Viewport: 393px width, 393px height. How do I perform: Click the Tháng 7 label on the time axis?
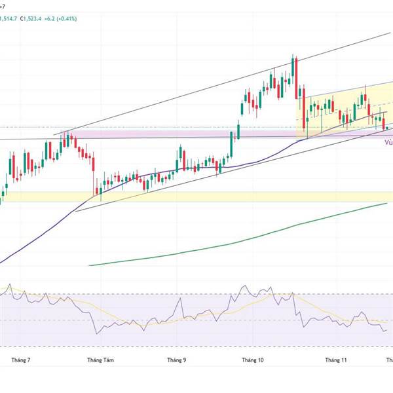(22, 360)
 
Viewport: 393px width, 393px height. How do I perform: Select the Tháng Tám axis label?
(100, 360)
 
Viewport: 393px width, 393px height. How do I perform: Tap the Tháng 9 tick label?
(176, 360)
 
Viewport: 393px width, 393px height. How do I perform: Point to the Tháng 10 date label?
(252, 360)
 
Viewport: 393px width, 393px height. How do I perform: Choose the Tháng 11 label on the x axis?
(336, 360)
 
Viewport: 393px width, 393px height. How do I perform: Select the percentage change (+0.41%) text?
(67, 18)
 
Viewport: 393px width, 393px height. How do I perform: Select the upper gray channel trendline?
(196, 89)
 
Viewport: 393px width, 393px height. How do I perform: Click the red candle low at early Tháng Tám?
(98, 193)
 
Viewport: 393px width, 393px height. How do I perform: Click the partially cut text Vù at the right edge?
(388, 149)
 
